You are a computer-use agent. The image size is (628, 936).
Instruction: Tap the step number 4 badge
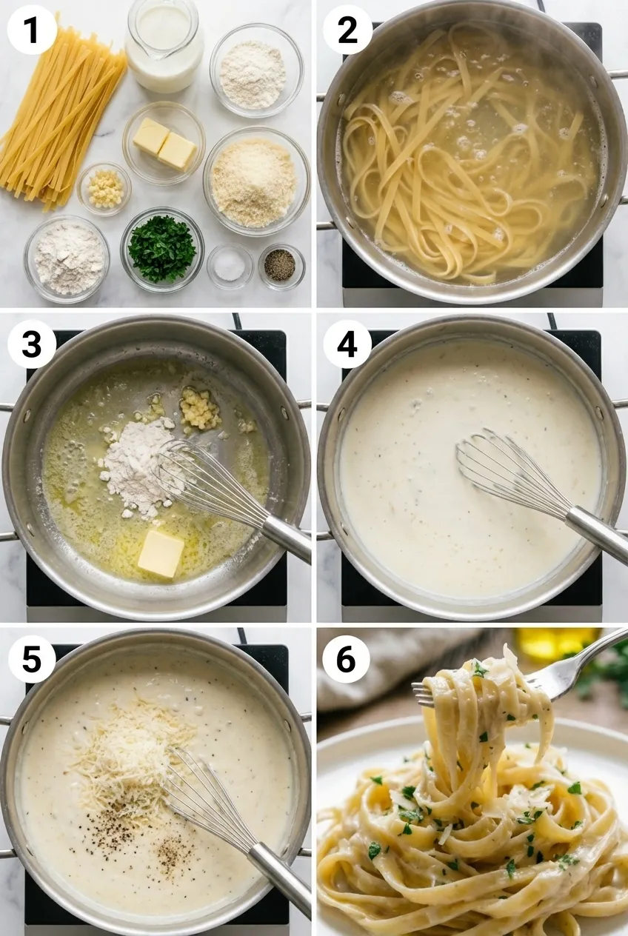point(347,344)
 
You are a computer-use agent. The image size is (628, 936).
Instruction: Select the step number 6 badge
point(346,658)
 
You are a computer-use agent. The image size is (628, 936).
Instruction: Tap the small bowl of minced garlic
point(104,188)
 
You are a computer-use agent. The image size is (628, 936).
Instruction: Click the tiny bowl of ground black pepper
point(281,265)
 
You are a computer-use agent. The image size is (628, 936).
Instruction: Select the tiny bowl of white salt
point(229,266)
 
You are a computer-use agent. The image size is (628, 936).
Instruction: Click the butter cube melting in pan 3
point(161,552)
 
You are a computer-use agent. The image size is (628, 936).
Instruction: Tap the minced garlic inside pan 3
point(200,409)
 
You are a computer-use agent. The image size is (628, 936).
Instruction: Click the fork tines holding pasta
point(430,692)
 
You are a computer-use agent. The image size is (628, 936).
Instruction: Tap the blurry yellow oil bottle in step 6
point(555,642)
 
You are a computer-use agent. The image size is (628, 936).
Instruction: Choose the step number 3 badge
point(32,344)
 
